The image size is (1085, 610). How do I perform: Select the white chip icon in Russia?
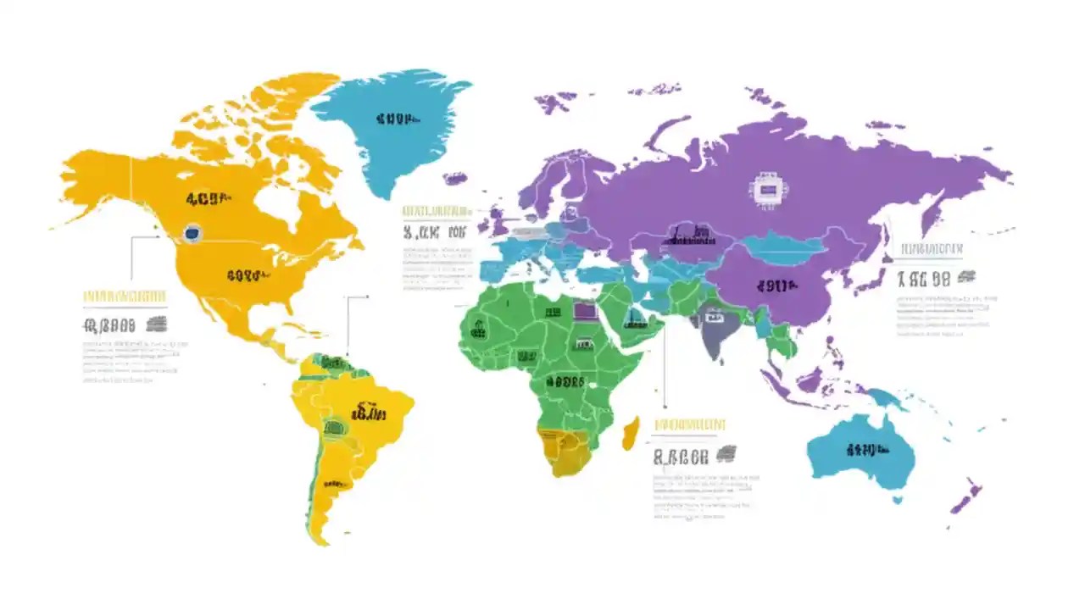(765, 191)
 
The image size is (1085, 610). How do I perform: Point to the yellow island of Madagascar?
(631, 433)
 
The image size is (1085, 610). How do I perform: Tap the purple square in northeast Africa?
(585, 310)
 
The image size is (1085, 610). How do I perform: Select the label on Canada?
(209, 200)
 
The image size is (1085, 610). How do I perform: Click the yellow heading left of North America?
(124, 297)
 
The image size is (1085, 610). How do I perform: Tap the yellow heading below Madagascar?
(690, 424)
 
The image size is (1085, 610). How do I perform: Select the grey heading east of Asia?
(931, 249)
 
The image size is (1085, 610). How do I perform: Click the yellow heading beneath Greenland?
(436, 210)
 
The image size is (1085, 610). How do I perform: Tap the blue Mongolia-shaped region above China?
(784, 245)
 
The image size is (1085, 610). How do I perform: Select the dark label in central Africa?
(565, 382)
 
